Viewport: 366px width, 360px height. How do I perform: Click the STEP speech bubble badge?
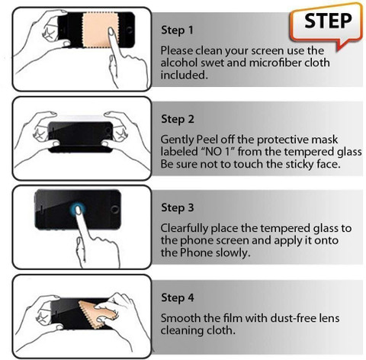click(x=326, y=25)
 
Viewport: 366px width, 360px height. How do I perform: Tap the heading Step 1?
click(x=177, y=31)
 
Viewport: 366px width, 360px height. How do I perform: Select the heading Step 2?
click(x=178, y=119)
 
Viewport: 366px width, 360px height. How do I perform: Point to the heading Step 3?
click(x=178, y=208)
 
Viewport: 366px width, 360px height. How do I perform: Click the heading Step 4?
click(x=178, y=298)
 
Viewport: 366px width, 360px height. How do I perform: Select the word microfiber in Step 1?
click(x=275, y=63)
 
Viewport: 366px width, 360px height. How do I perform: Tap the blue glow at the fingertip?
click(x=77, y=210)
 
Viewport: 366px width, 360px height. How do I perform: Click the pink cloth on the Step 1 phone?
click(x=97, y=30)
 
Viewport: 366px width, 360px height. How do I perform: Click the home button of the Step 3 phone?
click(x=114, y=209)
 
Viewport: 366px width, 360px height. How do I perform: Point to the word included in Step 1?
click(x=184, y=75)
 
